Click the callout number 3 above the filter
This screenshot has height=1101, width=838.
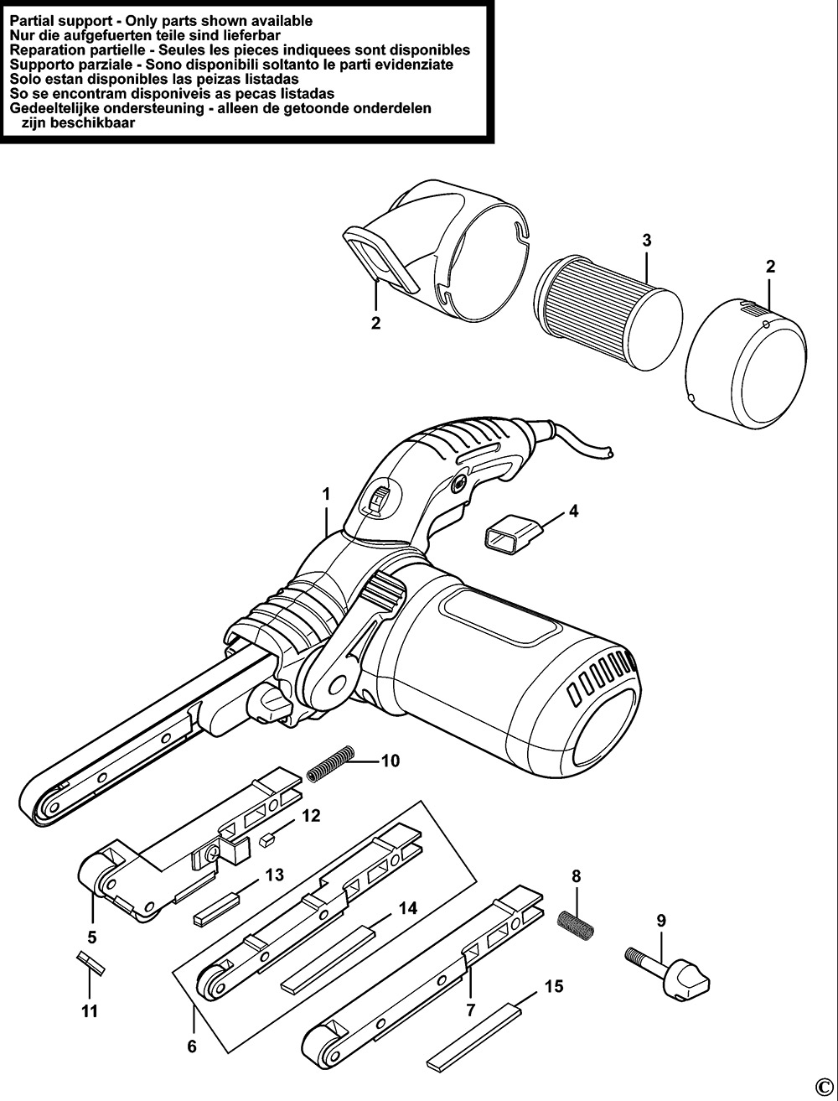(647, 240)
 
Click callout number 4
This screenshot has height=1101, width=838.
(572, 510)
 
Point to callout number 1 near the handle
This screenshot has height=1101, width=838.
(326, 496)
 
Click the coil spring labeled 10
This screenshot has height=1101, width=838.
(327, 765)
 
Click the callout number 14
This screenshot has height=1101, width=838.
(408, 907)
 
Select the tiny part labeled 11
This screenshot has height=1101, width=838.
(89, 963)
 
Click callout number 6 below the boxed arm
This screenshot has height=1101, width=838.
(192, 1046)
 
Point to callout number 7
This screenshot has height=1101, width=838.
(471, 1010)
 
